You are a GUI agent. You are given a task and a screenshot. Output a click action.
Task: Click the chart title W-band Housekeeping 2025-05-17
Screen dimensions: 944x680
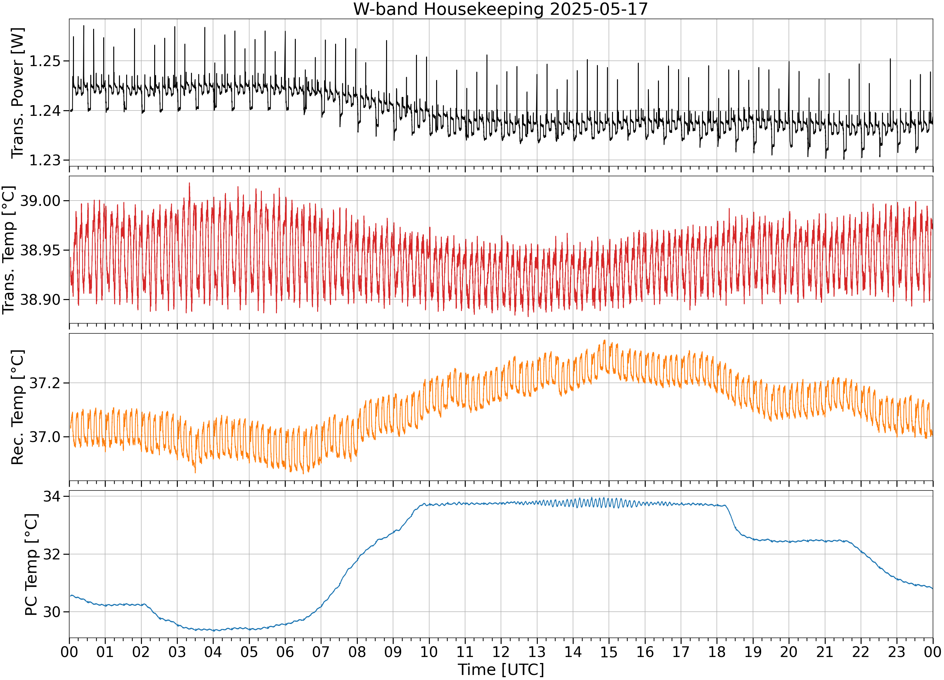501,9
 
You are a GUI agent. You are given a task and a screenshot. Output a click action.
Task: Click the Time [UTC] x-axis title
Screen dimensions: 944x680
501,669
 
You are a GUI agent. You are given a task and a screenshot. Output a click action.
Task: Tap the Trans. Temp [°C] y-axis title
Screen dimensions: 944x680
9,250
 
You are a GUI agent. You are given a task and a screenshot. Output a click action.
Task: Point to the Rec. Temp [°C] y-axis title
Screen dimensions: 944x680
18,407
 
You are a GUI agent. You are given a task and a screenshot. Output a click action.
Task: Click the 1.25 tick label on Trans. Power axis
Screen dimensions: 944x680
45,61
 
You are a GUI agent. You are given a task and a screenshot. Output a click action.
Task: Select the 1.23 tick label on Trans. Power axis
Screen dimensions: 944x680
45,160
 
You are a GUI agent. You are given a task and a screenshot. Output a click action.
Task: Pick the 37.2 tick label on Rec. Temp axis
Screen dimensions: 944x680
45,383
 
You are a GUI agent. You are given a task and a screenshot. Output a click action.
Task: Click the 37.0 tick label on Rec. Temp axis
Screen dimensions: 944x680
45,437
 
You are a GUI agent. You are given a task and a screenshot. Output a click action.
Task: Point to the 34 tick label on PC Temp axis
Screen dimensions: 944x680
52,496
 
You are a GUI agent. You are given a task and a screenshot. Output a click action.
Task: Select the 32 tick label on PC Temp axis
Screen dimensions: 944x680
52,554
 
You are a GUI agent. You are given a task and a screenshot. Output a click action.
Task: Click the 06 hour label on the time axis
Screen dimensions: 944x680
285,652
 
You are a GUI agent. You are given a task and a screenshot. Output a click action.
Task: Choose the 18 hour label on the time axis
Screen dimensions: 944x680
717,652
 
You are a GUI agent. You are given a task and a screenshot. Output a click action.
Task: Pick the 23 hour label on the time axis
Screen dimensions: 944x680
896,652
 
